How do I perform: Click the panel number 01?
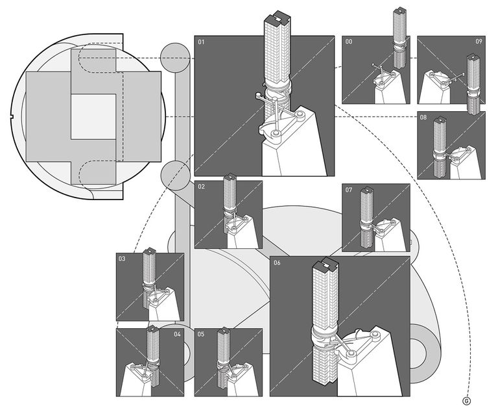coord(202,42)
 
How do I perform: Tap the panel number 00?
coord(349,42)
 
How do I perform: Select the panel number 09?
coord(479,42)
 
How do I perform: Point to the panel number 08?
coord(423,117)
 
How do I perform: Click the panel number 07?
coord(349,190)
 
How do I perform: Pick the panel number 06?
coord(277,263)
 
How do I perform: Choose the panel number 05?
coord(201,334)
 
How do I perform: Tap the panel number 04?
coord(177,334)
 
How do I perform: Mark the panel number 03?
coord(122,259)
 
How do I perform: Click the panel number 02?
coord(202,186)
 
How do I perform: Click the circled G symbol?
coord(467,401)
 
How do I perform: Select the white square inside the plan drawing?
coord(93,116)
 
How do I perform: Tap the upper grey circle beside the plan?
coord(175,58)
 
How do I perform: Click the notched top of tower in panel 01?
coord(278,18)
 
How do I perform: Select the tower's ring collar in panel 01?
coord(277,90)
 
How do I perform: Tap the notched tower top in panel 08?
coord(440,121)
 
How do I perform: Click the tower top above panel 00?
coord(400,10)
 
